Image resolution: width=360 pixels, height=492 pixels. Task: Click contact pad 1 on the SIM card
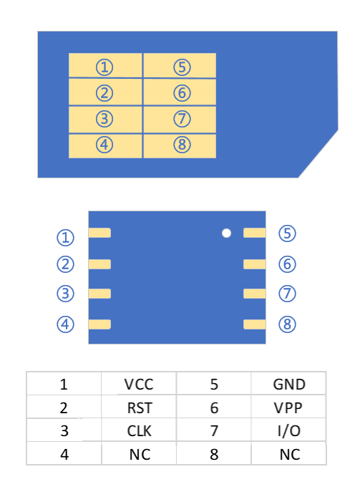(105, 67)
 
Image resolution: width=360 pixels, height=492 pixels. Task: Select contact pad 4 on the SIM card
(105, 145)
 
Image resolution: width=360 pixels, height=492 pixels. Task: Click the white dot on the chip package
(227, 233)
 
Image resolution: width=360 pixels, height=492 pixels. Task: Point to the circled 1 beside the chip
(66, 237)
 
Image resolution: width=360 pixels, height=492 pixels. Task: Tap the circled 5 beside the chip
(287, 233)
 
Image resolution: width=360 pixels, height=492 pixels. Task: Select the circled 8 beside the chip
(287, 324)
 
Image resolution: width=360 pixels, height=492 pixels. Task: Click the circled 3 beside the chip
(66, 294)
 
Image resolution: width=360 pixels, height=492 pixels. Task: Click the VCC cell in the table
(139, 384)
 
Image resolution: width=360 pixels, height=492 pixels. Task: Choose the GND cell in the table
(289, 384)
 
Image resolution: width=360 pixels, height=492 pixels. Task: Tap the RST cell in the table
(139, 407)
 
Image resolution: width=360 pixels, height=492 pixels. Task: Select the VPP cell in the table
(289, 407)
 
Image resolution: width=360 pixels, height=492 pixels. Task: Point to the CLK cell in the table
(139, 431)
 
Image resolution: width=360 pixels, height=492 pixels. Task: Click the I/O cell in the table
(289, 431)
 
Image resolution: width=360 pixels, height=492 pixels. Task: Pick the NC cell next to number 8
(289, 454)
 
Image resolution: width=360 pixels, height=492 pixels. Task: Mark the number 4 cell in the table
(64, 454)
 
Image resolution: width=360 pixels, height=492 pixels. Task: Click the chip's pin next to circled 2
(99, 264)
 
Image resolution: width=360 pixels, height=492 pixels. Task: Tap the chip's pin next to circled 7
(254, 294)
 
